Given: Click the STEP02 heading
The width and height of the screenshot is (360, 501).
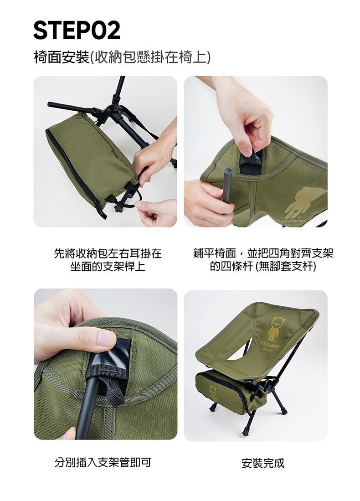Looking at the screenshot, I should (x=77, y=30).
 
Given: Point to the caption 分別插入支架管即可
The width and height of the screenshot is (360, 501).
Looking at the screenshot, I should (x=103, y=463).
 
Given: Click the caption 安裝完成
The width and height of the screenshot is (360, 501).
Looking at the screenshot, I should (x=263, y=463).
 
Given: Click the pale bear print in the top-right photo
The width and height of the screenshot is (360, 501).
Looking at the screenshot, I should (x=306, y=201).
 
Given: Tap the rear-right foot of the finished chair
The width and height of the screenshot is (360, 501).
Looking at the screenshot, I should (x=284, y=411).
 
